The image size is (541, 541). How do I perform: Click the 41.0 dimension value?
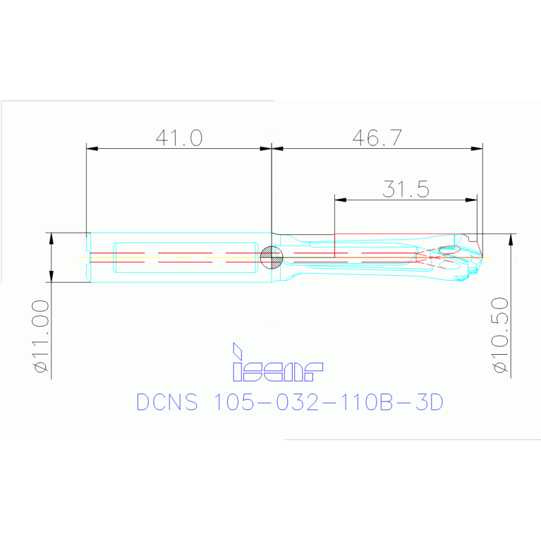[x=179, y=137]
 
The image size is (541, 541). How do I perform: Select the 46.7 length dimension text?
[x=377, y=137]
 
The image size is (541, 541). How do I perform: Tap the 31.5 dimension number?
[x=406, y=188]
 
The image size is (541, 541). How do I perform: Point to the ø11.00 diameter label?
[x=39, y=336]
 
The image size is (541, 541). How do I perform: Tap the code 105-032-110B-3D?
[x=327, y=402]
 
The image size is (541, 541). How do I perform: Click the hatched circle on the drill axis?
[x=270, y=257]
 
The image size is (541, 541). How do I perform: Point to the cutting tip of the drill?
[x=483, y=257]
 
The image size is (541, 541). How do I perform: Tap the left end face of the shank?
[x=87, y=257]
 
